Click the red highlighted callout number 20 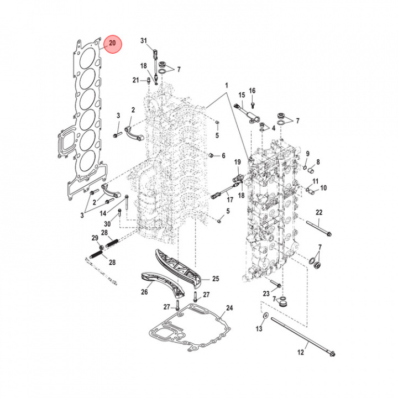[x=113, y=43]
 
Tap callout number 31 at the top [x=144, y=41]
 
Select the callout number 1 [x=226, y=86]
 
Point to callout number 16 [x=252, y=91]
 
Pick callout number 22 [x=319, y=213]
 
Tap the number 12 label [x=301, y=352]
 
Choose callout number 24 [x=229, y=308]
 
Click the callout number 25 [x=215, y=279]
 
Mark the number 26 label [x=144, y=292]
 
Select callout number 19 [x=238, y=162]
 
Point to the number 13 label [x=259, y=329]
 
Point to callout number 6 [x=223, y=156]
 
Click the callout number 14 [x=103, y=213]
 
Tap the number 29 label [x=95, y=238]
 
